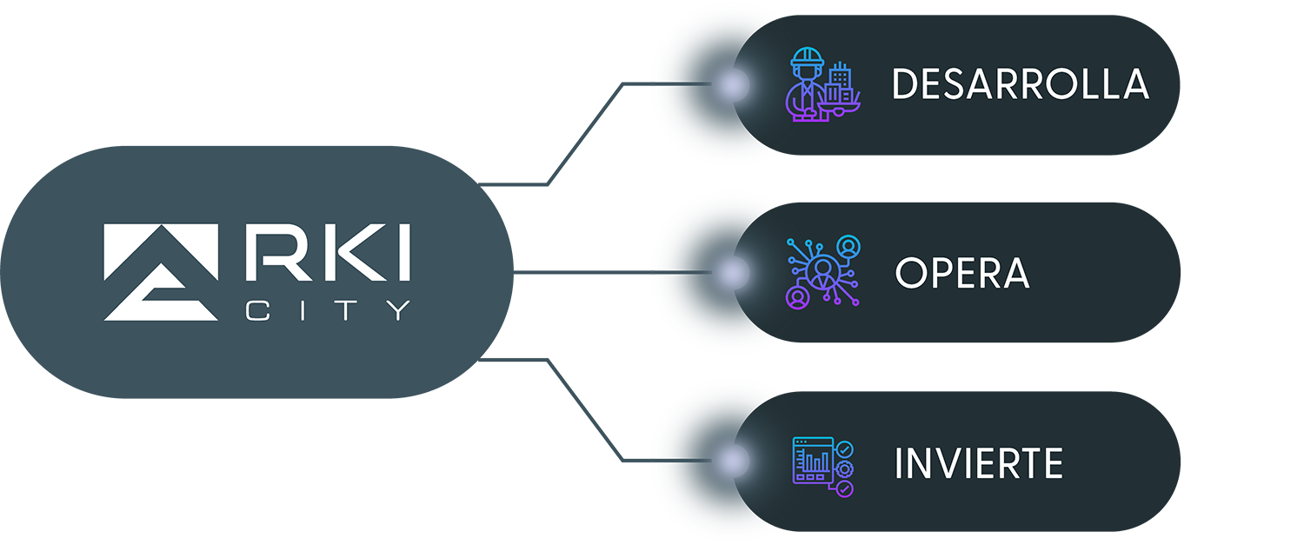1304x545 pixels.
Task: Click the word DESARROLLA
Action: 1020,84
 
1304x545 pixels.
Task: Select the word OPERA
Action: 961,274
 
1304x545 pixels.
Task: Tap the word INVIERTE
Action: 978,463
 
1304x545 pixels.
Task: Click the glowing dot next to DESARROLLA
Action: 732,85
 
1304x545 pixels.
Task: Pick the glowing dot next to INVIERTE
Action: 732,461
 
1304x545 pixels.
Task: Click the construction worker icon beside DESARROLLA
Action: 822,84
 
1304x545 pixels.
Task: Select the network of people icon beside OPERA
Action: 822,273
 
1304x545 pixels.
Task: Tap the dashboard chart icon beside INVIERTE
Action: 822,466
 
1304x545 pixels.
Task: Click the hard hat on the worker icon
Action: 806,61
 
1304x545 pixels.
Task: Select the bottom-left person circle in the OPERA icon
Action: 796,298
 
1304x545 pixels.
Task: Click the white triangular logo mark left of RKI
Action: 161,271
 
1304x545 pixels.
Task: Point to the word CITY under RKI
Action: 328,310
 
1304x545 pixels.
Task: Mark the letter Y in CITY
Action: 398,310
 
